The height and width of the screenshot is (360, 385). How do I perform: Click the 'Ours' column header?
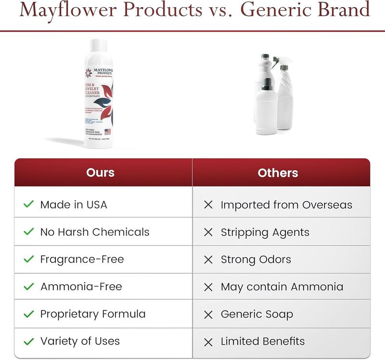click(x=100, y=173)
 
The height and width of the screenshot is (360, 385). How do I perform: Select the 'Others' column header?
click(x=278, y=173)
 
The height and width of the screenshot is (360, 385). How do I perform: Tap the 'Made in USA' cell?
click(x=74, y=205)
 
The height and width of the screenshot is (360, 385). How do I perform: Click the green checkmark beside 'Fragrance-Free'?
click(x=29, y=259)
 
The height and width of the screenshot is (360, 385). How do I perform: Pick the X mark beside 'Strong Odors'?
click(x=208, y=260)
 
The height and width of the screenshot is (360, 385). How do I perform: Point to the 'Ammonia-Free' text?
click(x=81, y=287)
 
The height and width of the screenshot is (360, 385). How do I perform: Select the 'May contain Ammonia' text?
click(x=282, y=287)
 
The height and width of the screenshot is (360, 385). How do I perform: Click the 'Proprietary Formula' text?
click(x=93, y=314)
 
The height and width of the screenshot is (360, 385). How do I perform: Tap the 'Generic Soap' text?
click(x=257, y=314)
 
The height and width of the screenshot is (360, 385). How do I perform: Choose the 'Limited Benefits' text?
click(x=262, y=342)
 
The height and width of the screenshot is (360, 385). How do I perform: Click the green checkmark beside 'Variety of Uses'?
click(x=29, y=342)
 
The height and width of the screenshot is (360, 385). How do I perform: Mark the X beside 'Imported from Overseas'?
click(x=208, y=205)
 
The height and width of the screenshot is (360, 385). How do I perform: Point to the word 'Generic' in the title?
click(x=283, y=11)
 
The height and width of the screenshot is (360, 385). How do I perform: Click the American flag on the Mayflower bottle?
click(x=107, y=131)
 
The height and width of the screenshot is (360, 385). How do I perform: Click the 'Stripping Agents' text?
click(x=265, y=232)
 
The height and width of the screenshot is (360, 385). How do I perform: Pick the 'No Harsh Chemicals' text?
click(x=95, y=232)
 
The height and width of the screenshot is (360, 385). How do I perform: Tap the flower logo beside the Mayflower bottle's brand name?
click(x=88, y=73)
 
